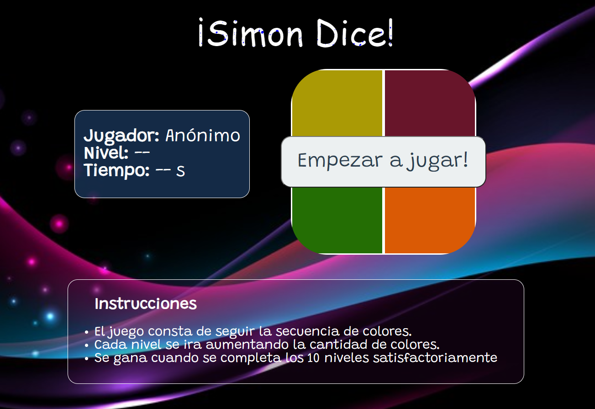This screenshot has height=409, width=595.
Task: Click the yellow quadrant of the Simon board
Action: click(337, 103)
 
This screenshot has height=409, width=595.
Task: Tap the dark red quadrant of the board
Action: click(430, 103)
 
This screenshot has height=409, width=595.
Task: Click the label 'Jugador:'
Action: click(121, 136)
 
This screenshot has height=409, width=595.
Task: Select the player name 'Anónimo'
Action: click(203, 136)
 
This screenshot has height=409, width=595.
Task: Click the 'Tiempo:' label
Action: click(117, 170)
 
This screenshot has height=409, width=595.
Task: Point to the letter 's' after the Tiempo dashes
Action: click(181, 171)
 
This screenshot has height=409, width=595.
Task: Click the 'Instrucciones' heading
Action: click(146, 304)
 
